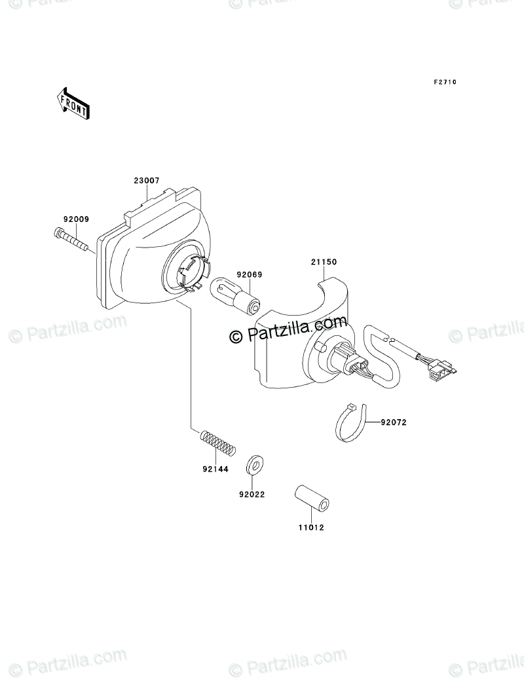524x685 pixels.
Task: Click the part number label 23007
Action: point(148,181)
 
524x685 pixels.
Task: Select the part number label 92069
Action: point(250,275)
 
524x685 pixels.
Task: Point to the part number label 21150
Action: point(324,262)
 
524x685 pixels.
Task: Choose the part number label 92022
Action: point(252,495)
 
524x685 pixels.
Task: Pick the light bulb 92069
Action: point(236,296)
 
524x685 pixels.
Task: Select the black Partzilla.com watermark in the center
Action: point(288,329)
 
